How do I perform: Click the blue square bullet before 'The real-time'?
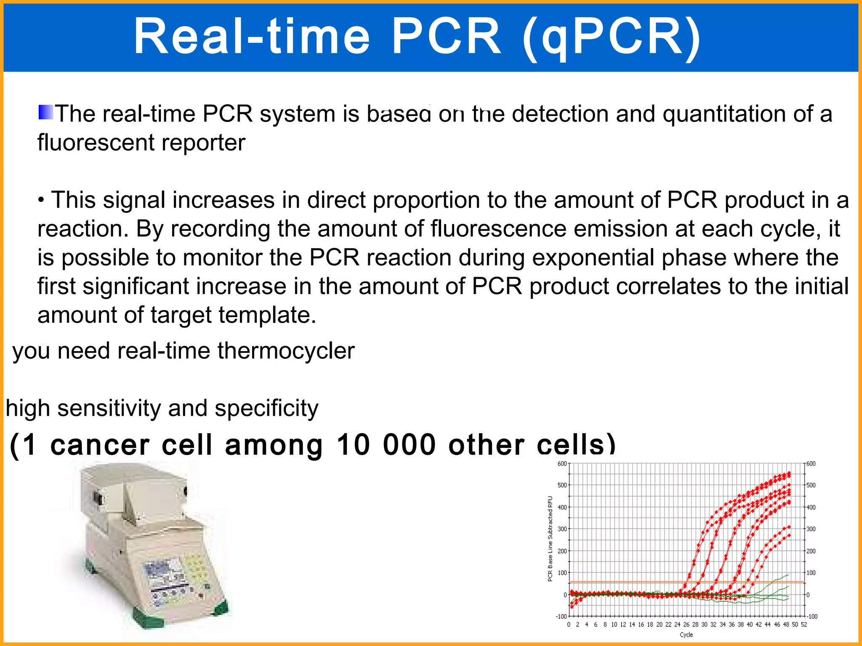45,112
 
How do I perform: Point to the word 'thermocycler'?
286,351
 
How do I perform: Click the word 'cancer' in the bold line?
100,445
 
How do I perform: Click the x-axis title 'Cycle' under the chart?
686,635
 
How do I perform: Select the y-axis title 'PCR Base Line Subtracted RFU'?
550,539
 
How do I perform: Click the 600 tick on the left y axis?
562,463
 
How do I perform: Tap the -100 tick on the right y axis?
812,617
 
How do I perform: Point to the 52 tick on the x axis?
804,625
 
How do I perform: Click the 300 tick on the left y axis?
562,529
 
